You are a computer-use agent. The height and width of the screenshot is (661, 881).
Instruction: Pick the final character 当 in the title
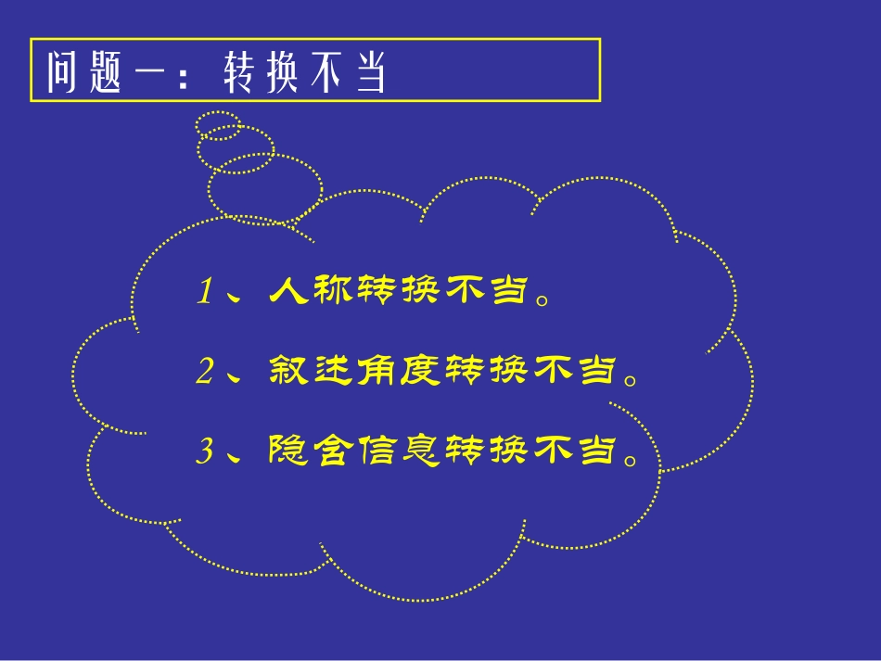click(368, 72)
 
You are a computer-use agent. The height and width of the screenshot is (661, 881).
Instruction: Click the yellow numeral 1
click(205, 293)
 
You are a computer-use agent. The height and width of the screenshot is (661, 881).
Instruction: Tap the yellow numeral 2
click(205, 372)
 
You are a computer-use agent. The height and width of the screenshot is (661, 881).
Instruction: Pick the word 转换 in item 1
click(399, 292)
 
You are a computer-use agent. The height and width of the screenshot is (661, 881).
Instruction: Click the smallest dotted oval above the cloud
click(219, 124)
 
